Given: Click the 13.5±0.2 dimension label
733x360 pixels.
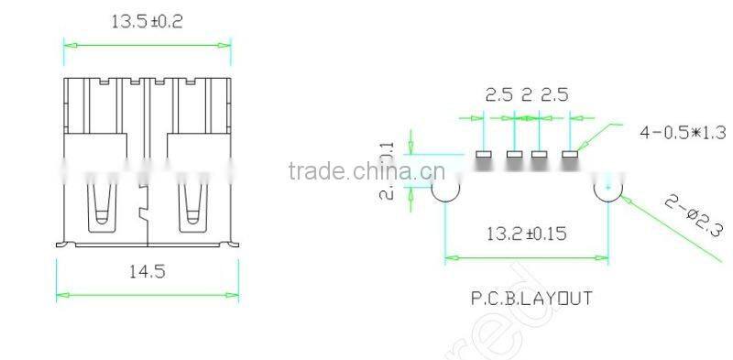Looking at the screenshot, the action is [x=147, y=21].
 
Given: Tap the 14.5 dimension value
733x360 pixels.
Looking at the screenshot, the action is [x=147, y=271].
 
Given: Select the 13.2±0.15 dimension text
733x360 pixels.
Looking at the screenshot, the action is [x=526, y=234].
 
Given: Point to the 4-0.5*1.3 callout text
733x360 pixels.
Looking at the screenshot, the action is [x=682, y=132].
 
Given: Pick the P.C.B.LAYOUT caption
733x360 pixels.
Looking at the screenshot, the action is [x=531, y=299].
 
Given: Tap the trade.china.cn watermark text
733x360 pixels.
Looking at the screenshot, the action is [x=366, y=171].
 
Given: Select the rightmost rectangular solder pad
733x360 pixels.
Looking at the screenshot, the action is [x=571, y=155].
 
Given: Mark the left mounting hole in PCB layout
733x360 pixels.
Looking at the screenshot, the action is [x=445, y=189].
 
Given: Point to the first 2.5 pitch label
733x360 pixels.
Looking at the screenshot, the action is [x=498, y=95].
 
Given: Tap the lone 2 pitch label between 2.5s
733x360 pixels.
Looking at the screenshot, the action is [x=527, y=95].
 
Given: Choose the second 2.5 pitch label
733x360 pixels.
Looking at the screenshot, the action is [x=555, y=95].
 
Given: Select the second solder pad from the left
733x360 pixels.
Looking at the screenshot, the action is [x=514, y=155].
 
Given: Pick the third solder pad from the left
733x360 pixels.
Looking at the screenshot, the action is [x=542, y=155].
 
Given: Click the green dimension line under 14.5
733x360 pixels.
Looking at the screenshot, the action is [x=147, y=295].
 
